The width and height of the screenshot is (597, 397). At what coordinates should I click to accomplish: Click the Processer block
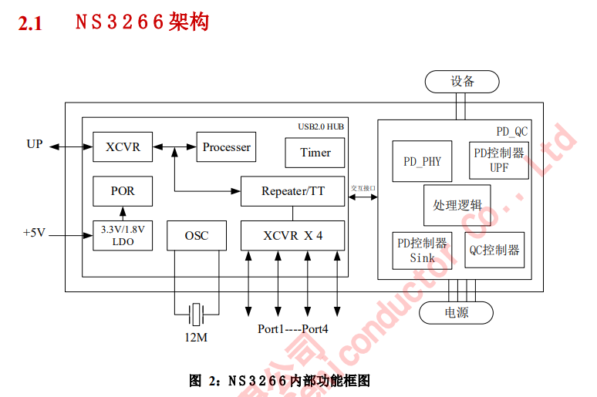click(226, 146)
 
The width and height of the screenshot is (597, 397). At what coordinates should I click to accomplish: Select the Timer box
click(315, 153)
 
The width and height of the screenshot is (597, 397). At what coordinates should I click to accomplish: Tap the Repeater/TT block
click(292, 191)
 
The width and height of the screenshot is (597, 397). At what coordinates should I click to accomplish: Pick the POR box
click(123, 191)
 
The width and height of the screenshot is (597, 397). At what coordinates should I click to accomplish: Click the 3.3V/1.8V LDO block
click(123, 235)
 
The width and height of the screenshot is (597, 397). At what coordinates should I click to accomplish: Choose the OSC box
click(197, 235)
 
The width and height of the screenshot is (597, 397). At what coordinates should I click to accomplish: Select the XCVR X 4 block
click(292, 235)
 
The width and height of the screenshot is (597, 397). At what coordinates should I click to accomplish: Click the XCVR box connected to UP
click(123, 146)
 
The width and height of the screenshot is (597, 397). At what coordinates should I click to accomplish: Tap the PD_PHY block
click(422, 161)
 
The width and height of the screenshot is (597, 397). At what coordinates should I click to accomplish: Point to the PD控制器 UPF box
click(498, 160)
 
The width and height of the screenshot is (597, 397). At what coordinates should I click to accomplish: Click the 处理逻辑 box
click(457, 205)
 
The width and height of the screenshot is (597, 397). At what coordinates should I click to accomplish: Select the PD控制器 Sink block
click(422, 251)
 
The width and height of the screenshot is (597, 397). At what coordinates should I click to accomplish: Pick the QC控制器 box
click(494, 251)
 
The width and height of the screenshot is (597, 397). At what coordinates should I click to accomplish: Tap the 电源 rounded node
click(457, 313)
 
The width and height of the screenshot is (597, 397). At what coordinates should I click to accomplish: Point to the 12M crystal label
click(195, 338)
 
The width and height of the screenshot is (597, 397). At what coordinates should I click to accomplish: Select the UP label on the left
click(35, 145)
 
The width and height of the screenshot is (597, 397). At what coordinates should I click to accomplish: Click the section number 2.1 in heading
click(29, 24)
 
